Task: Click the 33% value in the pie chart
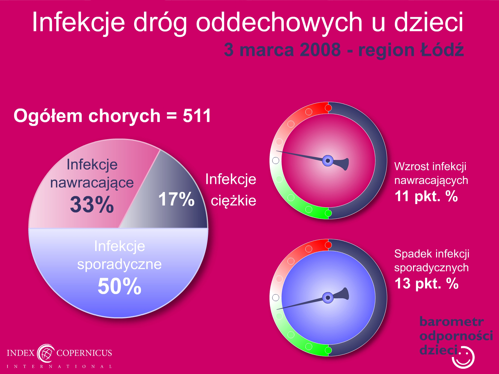(x=92, y=204)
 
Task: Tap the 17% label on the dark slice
(x=176, y=199)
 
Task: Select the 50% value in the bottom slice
(x=119, y=286)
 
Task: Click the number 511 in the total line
(x=197, y=116)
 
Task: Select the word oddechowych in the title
(x=279, y=22)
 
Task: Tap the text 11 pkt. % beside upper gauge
(x=426, y=196)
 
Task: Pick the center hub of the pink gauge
(x=328, y=161)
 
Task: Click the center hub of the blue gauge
(x=328, y=298)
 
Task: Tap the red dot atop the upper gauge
(x=328, y=108)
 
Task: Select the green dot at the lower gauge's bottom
(x=328, y=350)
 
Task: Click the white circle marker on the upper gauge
(x=276, y=160)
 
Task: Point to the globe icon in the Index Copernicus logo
(x=46, y=353)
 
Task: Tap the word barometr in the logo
(x=452, y=321)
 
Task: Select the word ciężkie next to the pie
(x=233, y=201)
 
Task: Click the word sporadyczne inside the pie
(x=119, y=264)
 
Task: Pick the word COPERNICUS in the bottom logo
(x=84, y=353)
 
